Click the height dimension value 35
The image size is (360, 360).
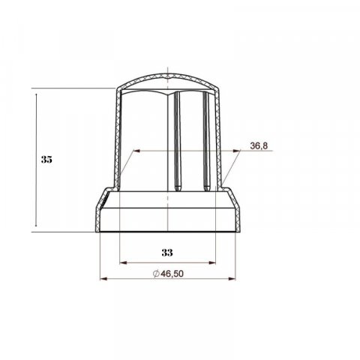tap(47, 159)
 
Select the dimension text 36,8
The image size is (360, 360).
tap(258, 146)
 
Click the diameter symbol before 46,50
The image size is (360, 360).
tap(155, 274)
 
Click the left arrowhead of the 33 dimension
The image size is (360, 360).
tap(122, 262)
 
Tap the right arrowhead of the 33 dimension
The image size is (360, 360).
tap(213, 262)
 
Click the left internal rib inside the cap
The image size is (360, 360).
tap(178, 142)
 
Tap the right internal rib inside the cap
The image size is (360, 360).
tap(206, 142)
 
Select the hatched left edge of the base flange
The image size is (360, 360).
tap(98, 214)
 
